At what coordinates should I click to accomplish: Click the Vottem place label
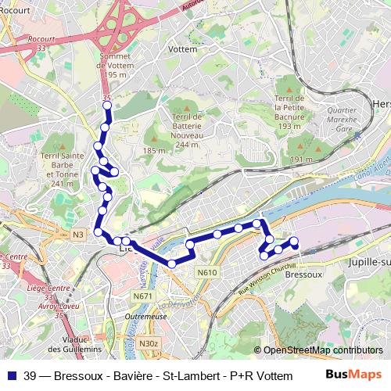[x=182, y=48]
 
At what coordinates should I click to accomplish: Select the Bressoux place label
[x=300, y=274]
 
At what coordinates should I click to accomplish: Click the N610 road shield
[x=206, y=272]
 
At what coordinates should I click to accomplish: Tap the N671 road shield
[x=143, y=296]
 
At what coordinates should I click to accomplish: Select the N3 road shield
[x=77, y=235]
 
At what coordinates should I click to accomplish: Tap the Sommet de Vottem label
[x=116, y=66]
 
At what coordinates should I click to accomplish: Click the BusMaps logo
[x=353, y=374]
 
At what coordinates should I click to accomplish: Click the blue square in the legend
[x=11, y=375]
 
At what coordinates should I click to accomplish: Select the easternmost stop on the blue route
[x=295, y=242]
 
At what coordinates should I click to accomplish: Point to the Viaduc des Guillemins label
[x=75, y=344]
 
